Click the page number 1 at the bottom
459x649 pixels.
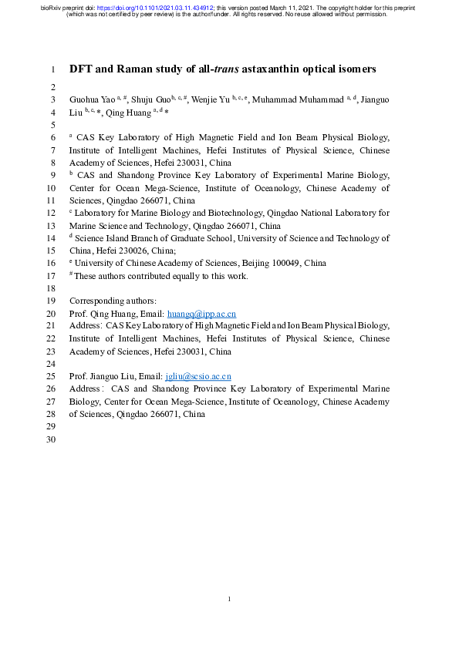230,599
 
